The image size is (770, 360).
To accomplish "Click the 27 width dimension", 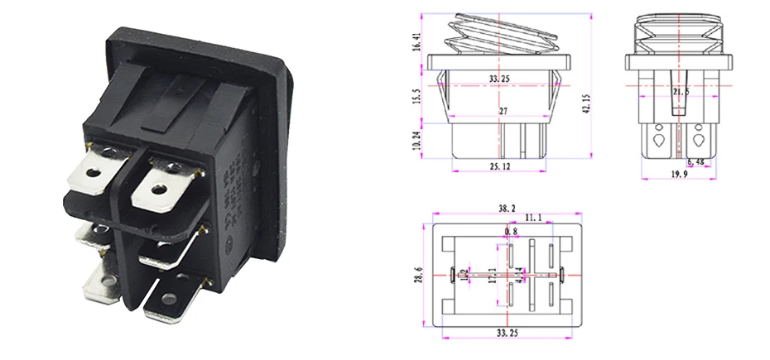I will point(504,110).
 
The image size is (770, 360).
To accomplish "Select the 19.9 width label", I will point(678,175).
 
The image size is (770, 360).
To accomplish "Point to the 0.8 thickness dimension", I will point(511,232).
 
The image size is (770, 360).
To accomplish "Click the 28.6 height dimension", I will point(418,273).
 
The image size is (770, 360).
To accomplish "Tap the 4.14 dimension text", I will point(519,273).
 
